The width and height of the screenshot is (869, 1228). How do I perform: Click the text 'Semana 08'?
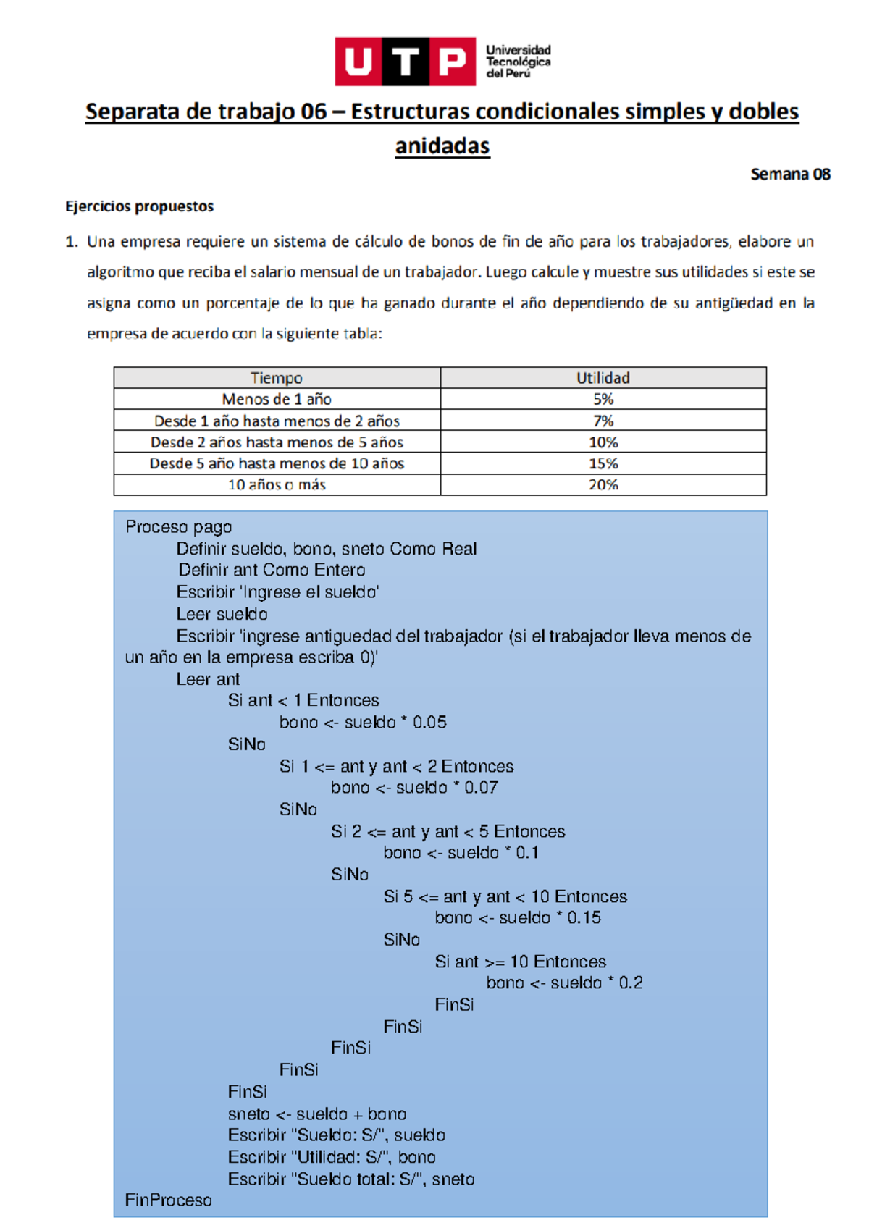click(790, 174)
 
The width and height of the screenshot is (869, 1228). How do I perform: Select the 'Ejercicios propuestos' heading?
click(140, 206)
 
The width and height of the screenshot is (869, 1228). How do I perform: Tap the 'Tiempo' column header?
click(277, 378)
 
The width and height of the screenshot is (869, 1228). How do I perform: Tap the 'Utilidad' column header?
click(603, 378)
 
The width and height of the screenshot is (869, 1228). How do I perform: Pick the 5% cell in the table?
click(603, 399)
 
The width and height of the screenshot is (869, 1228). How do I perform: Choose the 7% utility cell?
click(603, 421)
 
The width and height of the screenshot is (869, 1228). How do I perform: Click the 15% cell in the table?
click(603, 463)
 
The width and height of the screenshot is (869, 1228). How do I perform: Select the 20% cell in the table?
click(603, 484)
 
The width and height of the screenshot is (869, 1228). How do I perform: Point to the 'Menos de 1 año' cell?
click(277, 399)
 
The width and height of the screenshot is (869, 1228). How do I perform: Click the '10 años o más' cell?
click(277, 484)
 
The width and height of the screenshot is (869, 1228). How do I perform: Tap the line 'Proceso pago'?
click(179, 527)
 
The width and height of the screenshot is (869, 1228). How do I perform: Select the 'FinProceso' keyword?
click(169, 1200)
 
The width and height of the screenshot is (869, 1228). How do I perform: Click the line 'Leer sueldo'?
click(222, 614)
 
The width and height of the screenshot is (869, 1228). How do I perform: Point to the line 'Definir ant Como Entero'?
click(272, 570)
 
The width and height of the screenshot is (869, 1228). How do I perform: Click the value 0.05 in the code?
click(429, 722)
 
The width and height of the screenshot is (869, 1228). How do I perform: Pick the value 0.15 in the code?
click(584, 917)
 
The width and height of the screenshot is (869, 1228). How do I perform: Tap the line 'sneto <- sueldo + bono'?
click(317, 1114)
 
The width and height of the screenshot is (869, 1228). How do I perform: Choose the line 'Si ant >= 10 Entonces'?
click(521, 962)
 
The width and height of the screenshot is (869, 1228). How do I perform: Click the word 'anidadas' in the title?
click(442, 146)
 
